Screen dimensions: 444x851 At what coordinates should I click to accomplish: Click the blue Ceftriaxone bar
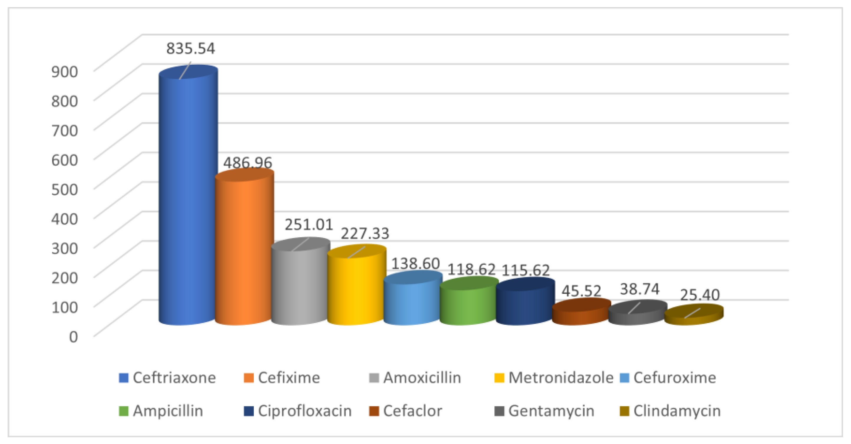point(188,198)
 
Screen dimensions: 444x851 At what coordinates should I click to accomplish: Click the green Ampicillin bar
point(468,305)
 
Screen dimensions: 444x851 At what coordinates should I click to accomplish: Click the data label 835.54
point(190,49)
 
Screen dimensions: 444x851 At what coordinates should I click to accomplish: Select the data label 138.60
point(415,264)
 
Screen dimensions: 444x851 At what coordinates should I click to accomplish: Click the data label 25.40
point(700,295)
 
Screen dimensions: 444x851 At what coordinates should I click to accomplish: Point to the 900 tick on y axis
point(65,71)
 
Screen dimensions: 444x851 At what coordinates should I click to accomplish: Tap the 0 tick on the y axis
point(73,337)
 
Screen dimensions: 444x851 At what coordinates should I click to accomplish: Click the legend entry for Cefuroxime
point(674,378)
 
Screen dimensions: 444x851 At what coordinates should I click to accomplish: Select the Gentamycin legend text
point(551,411)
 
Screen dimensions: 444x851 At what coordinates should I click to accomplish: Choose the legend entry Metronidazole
point(560,378)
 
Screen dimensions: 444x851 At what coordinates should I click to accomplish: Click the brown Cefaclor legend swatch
point(374,411)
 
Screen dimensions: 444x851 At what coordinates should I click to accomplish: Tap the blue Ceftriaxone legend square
point(123,378)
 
